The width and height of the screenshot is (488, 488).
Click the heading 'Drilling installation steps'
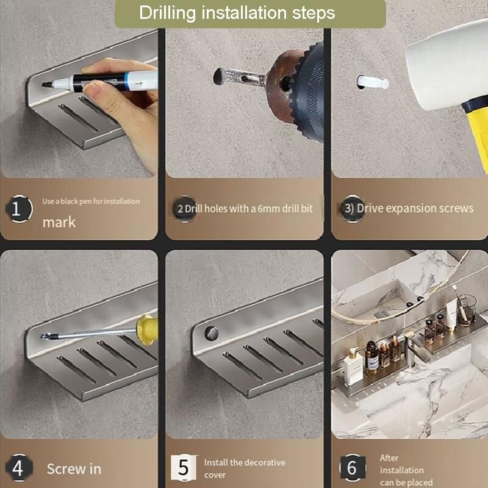pos(237,13)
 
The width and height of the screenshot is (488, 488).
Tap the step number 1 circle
pos(19,209)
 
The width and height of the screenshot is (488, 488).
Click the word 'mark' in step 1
pos(59,222)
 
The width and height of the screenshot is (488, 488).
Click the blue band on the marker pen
pos(126,82)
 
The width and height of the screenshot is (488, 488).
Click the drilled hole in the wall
pos(219,77)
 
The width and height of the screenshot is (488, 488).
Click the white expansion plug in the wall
pos(373,82)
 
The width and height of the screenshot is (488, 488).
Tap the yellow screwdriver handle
pos(147,329)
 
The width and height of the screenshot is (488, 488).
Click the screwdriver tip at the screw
pos(45,336)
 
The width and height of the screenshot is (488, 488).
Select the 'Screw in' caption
pos(74,468)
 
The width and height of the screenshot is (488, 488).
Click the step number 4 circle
pos(19,467)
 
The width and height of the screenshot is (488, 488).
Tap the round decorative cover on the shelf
pos(212,333)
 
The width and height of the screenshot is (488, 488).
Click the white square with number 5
pos(184,467)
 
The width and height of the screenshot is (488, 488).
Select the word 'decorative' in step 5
pos(265,462)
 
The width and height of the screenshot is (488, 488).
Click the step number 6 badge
pos(353,467)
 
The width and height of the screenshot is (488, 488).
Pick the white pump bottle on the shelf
pos(353,367)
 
